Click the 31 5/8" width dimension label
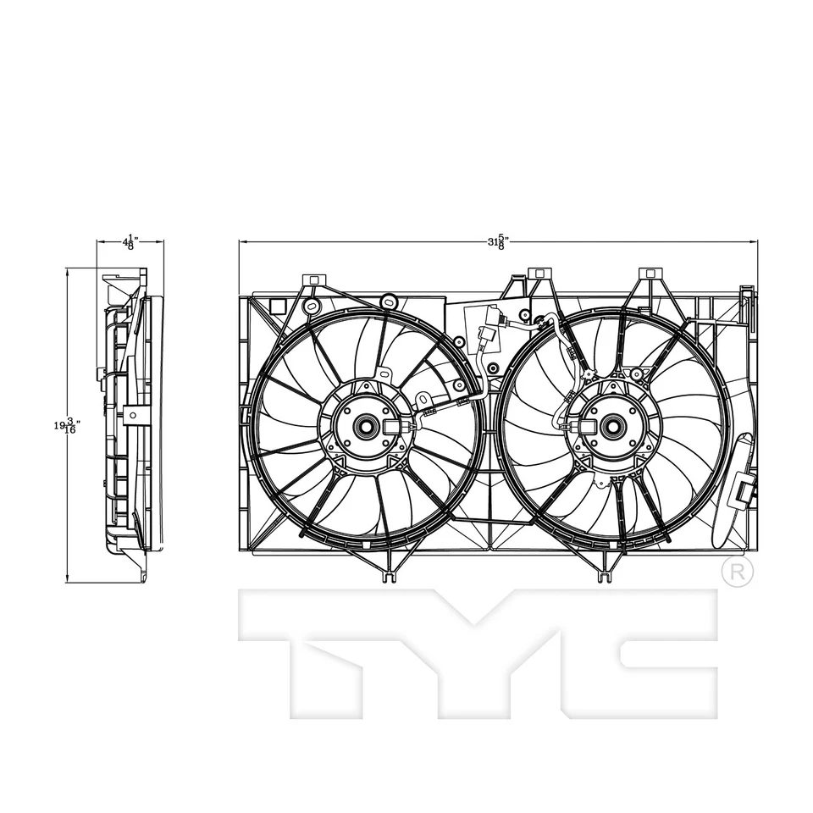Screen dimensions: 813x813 (497, 242)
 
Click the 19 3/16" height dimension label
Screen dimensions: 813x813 (67, 426)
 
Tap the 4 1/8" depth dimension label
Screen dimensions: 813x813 (130, 242)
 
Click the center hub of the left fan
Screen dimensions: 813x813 (367, 426)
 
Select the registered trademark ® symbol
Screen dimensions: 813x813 (738, 572)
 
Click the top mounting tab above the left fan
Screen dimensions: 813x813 (313, 279)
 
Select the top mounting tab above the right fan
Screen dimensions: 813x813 (650, 274)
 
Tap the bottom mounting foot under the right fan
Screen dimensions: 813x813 (605, 578)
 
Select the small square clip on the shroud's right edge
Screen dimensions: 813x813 (745, 489)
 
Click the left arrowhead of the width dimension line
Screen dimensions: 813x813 (242, 242)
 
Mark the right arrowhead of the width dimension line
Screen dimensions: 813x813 (755, 242)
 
